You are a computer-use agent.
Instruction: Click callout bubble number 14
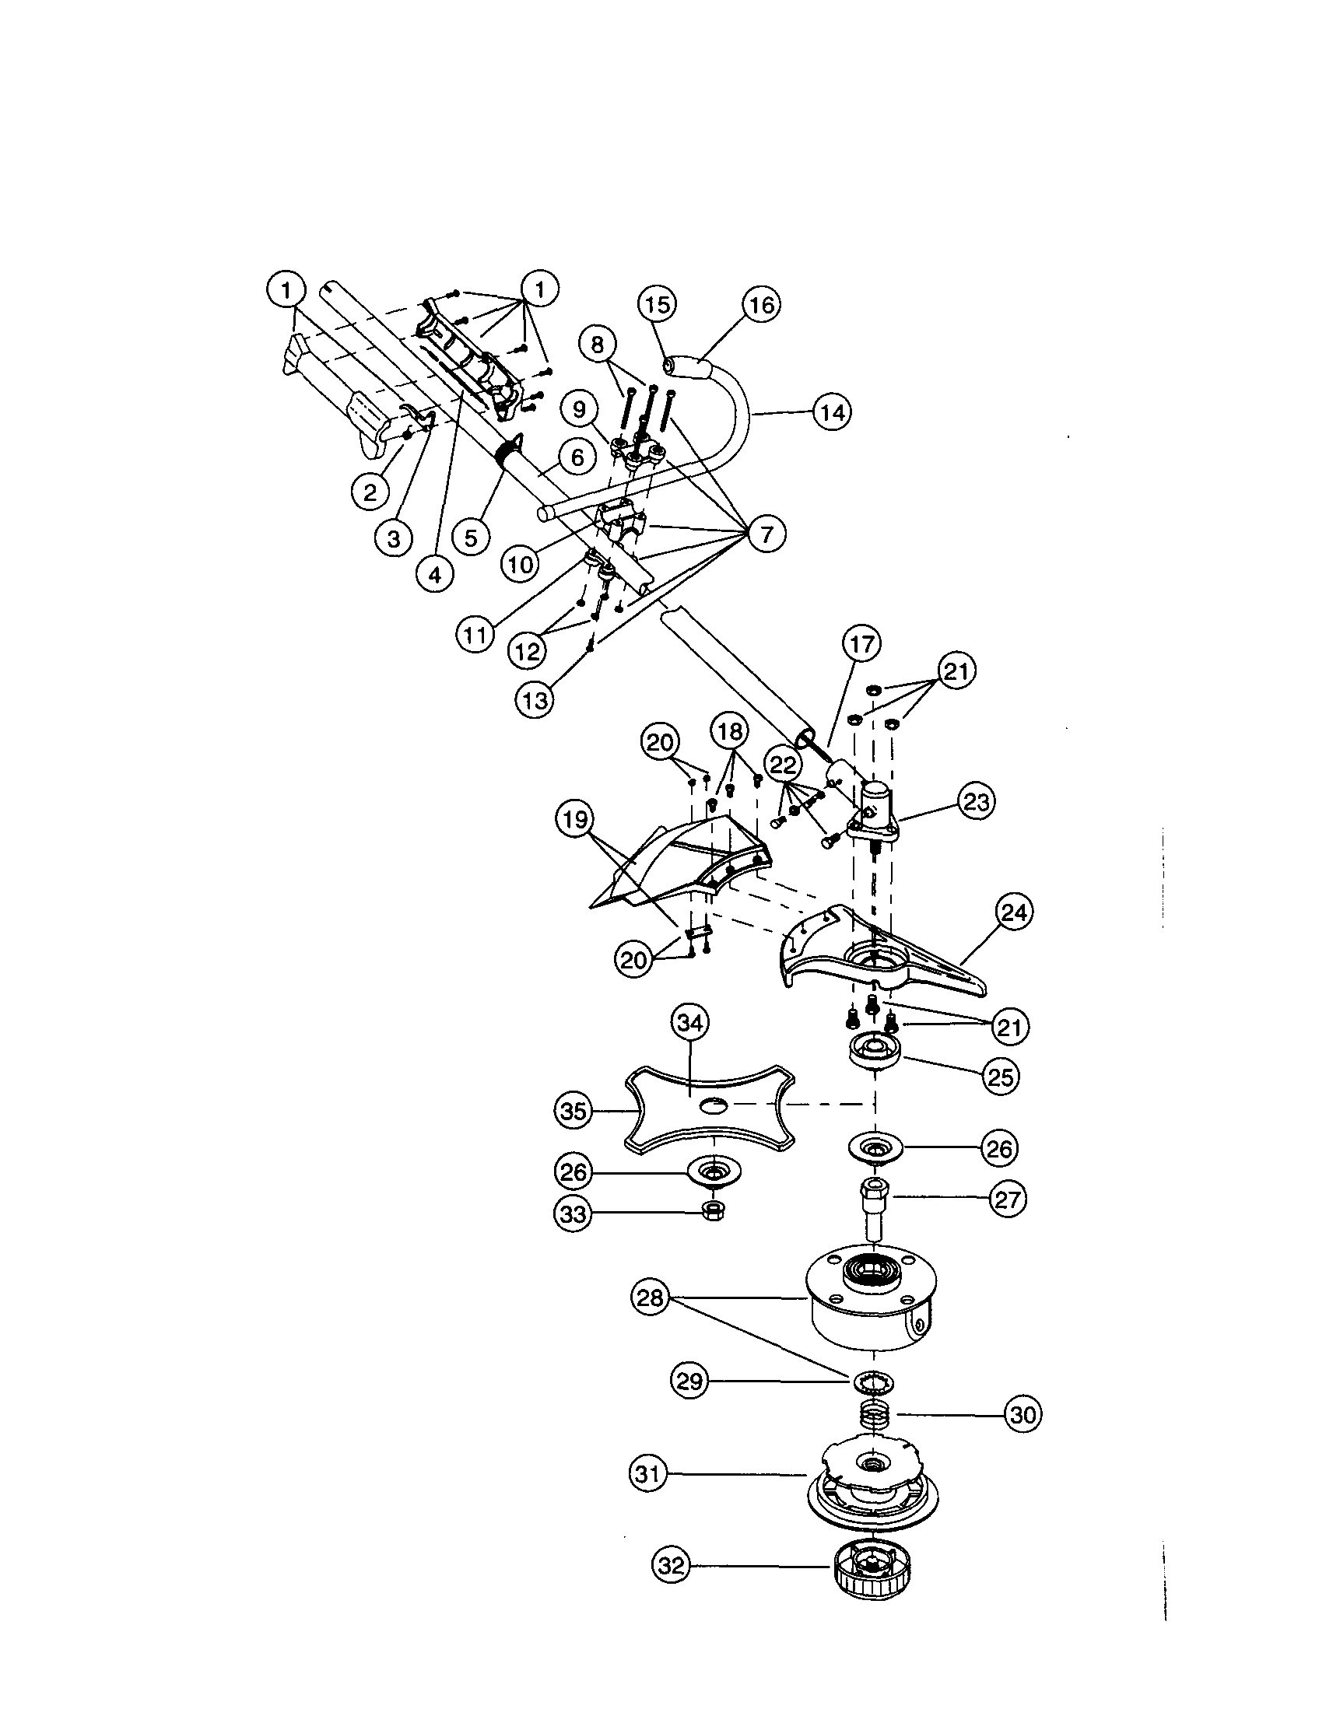click(x=833, y=411)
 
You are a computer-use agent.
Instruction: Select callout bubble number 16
click(x=762, y=304)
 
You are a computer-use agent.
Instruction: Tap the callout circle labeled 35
click(x=574, y=1111)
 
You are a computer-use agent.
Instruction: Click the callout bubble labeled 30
click(x=1023, y=1414)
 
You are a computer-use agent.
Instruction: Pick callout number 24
click(x=1014, y=912)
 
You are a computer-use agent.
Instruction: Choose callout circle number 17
click(x=862, y=645)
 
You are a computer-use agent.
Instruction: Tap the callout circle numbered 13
click(x=536, y=699)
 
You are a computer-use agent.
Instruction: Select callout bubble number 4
click(x=435, y=574)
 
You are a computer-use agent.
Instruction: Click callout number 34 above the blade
click(x=690, y=1022)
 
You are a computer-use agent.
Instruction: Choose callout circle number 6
click(x=577, y=457)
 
